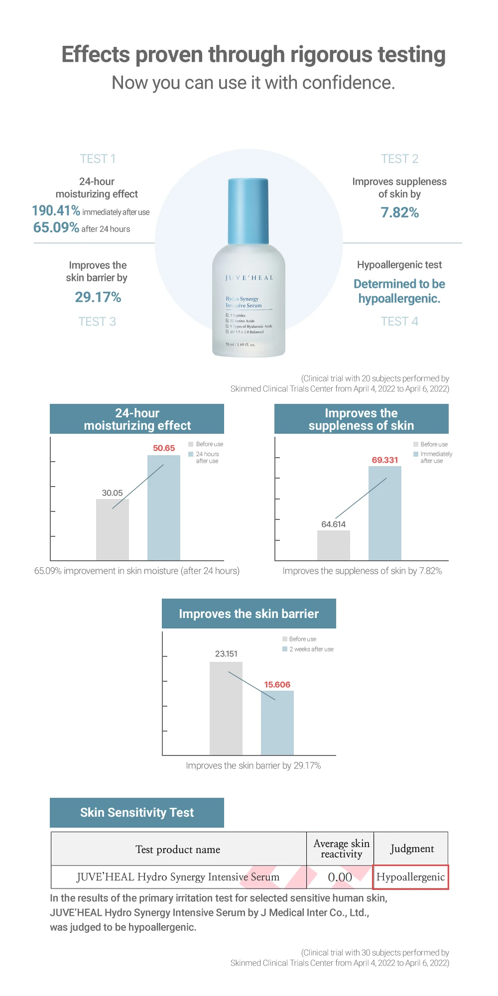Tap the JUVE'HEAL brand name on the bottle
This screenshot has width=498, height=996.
tap(249, 278)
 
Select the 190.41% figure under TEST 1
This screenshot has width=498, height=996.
tap(56, 211)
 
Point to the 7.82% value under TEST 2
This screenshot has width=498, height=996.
tap(399, 213)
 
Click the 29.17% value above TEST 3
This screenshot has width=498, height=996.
tap(98, 297)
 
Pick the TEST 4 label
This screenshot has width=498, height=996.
tap(399, 322)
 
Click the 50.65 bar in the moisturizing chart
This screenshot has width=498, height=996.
tap(163, 508)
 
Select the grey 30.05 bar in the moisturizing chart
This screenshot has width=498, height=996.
tap(112, 530)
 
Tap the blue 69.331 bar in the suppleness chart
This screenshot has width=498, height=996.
tap(384, 513)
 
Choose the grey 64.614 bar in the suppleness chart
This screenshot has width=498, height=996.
tap(333, 545)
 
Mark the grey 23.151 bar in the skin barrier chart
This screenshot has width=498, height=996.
tap(226, 708)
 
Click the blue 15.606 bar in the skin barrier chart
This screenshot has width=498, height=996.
tap(277, 723)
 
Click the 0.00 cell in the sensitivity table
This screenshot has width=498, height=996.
tap(340, 877)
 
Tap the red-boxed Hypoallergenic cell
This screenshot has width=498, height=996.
tap(411, 877)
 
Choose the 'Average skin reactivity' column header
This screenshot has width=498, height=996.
tap(341, 849)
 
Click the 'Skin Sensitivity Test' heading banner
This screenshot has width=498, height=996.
tap(137, 813)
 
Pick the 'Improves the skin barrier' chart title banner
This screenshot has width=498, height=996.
tap(249, 614)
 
